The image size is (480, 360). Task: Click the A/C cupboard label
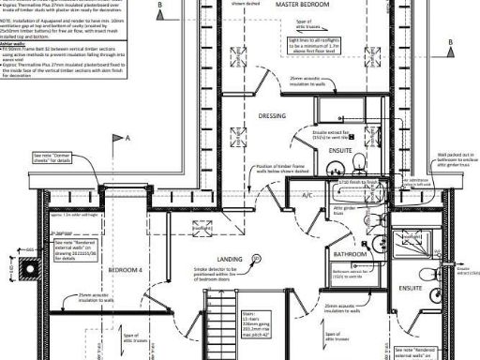[x=307, y=195]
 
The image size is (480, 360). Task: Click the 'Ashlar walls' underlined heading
[x=13, y=44]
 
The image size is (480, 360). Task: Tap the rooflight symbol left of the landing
[x=202, y=228]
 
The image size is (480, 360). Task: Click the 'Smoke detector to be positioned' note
[x=222, y=275]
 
